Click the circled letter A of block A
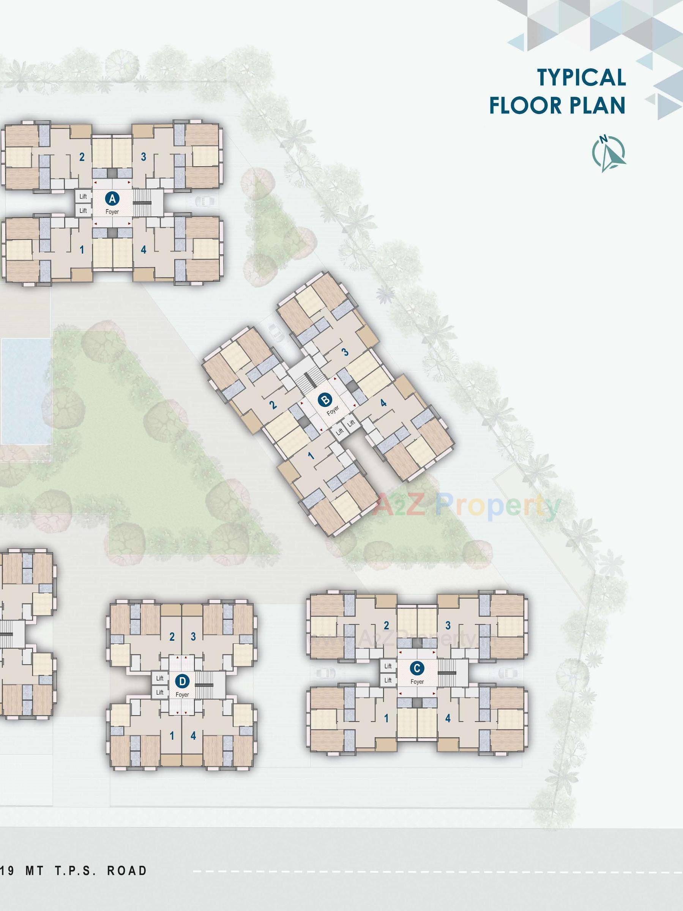112,199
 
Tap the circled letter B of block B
326,399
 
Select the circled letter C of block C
417,668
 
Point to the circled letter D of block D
182,682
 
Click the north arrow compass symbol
610,153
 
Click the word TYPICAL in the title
581,77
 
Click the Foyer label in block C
417,682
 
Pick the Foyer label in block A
112,212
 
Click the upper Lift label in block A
83,197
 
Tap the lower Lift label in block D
160,692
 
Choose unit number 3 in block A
144,156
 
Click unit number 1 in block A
82,250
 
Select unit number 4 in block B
383,403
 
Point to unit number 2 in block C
386,626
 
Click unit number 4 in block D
193,736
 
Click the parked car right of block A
204,201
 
